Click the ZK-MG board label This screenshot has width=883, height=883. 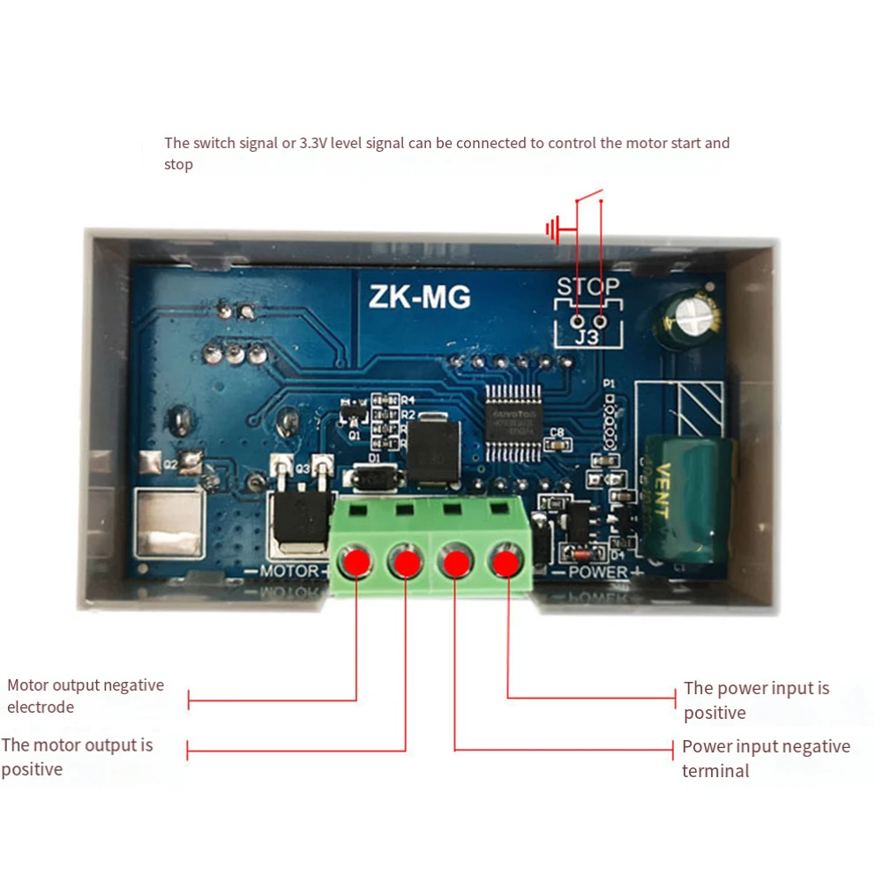(419, 297)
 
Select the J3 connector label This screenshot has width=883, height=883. (587, 336)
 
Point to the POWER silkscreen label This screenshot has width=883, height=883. (597, 572)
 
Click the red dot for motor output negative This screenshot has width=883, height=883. (356, 561)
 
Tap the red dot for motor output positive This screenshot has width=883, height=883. (406, 561)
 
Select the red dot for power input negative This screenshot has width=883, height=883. (455, 561)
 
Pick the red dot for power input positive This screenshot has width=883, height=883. (506, 561)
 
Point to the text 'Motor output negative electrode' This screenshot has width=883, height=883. (85, 696)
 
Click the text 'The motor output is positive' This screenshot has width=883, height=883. (77, 757)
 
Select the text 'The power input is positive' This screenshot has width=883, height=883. (756, 700)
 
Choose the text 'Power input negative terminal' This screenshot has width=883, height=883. (765, 759)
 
